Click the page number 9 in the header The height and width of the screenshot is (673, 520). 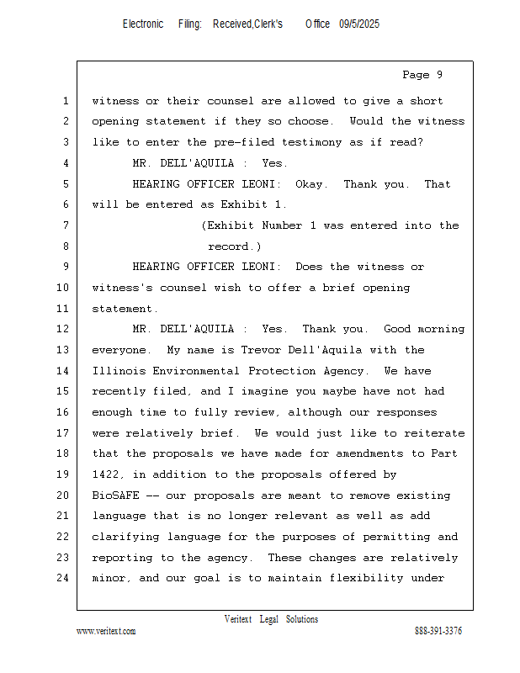click(439, 75)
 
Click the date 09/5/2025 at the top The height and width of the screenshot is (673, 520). click(359, 24)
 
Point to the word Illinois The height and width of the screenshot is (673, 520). click(118, 371)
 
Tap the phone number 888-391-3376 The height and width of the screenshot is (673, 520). click(438, 631)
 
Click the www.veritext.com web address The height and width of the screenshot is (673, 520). click(106, 631)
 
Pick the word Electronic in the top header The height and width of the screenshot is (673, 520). click(143, 24)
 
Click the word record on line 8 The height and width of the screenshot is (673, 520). click(233, 246)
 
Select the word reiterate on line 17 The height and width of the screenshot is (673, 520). click(434, 433)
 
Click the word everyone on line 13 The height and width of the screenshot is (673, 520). click(121, 350)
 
